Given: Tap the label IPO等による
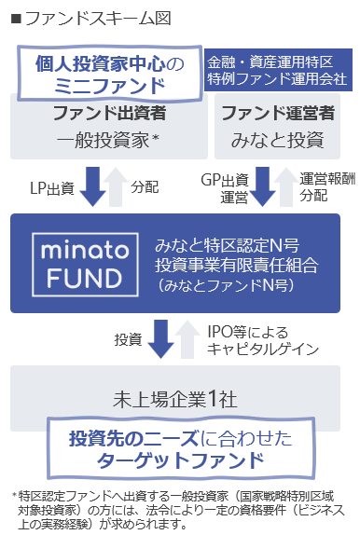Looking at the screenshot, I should coord(237,330).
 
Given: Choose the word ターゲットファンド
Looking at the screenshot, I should coord(179,460).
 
